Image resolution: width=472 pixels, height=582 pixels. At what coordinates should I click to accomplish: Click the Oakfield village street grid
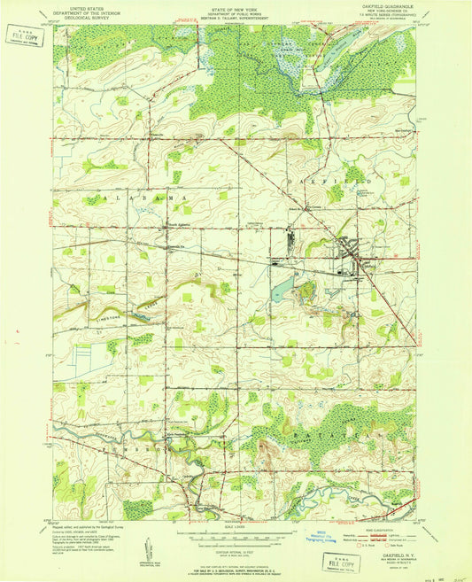point(359,260)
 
